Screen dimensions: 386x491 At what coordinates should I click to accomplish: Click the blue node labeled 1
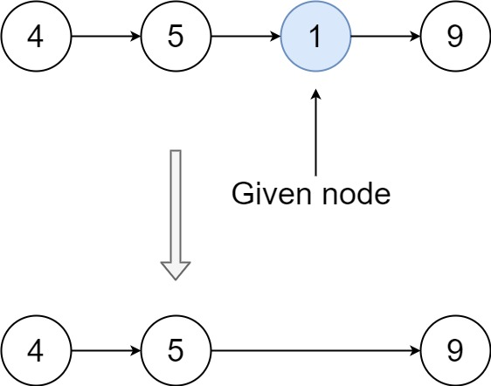point(315,38)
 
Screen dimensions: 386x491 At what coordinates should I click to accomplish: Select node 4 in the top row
point(36,38)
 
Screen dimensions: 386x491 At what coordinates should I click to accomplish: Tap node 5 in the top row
point(176,38)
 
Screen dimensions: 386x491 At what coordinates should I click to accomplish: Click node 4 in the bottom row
point(36,351)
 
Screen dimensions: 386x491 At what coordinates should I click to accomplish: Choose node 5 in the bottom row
point(176,351)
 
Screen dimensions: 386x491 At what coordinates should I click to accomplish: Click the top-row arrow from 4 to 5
point(105,38)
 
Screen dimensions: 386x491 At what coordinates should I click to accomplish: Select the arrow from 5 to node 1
point(245,38)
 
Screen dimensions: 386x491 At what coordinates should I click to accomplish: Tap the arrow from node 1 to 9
point(384,38)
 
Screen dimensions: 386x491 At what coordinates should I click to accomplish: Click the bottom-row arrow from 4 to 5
point(105,351)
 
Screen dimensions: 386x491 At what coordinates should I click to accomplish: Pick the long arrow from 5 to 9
point(315,351)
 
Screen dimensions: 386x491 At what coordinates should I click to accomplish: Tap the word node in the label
point(358,193)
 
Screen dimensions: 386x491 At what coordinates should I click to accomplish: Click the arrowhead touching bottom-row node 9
point(415,351)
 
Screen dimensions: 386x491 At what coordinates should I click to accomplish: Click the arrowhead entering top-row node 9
point(415,38)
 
